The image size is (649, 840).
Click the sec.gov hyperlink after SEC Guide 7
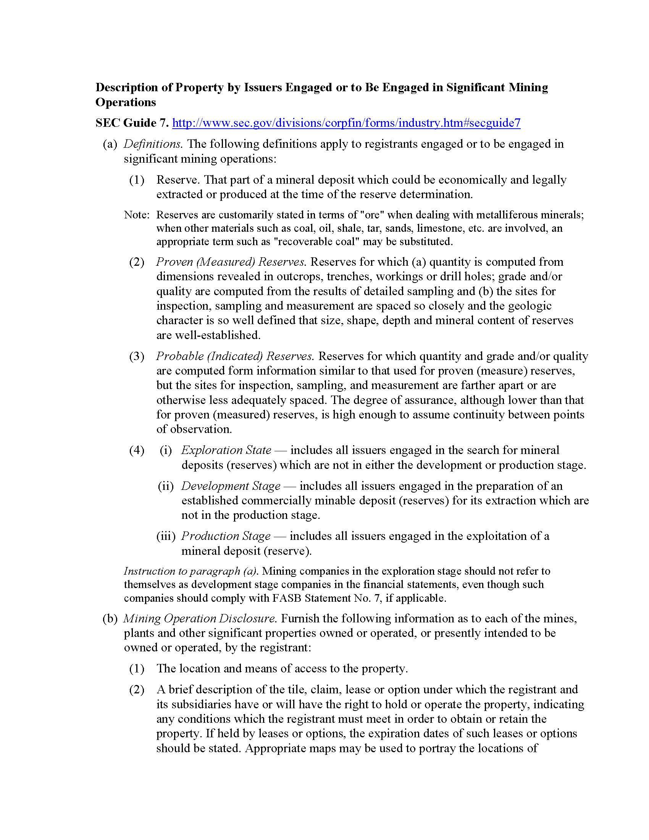(346, 123)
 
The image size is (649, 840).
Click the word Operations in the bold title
(126, 102)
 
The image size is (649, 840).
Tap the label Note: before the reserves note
(137, 215)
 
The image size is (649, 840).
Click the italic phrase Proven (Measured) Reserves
(231, 262)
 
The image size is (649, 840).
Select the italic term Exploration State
(226, 450)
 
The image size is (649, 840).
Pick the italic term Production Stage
(226, 536)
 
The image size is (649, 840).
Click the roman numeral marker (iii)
(166, 536)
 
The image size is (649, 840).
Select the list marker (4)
(137, 450)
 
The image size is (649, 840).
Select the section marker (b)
(110, 619)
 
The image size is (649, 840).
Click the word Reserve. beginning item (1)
(178, 179)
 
